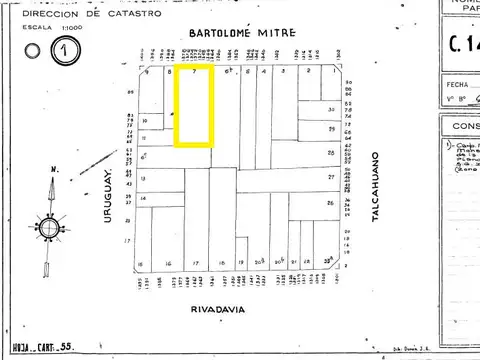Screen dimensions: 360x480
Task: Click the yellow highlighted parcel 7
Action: click(x=194, y=106)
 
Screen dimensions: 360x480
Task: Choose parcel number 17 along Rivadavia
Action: click(x=194, y=265)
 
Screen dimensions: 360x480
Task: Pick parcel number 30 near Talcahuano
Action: click(x=330, y=109)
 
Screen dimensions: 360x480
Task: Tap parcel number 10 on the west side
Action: click(x=146, y=120)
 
